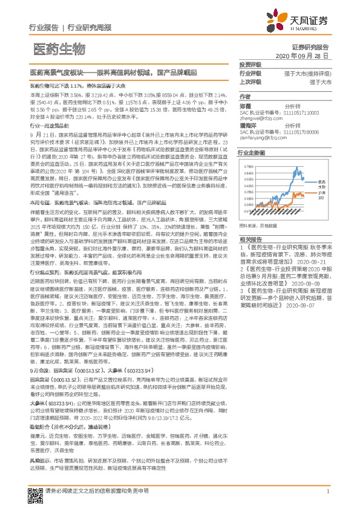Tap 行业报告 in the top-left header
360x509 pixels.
click(x=44, y=27)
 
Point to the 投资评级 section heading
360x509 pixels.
click(x=250, y=64)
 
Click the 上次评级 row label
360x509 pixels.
click(x=250, y=82)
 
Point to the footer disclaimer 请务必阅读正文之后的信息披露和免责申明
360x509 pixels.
click(x=97, y=491)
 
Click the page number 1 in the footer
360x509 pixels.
click(x=327, y=491)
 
